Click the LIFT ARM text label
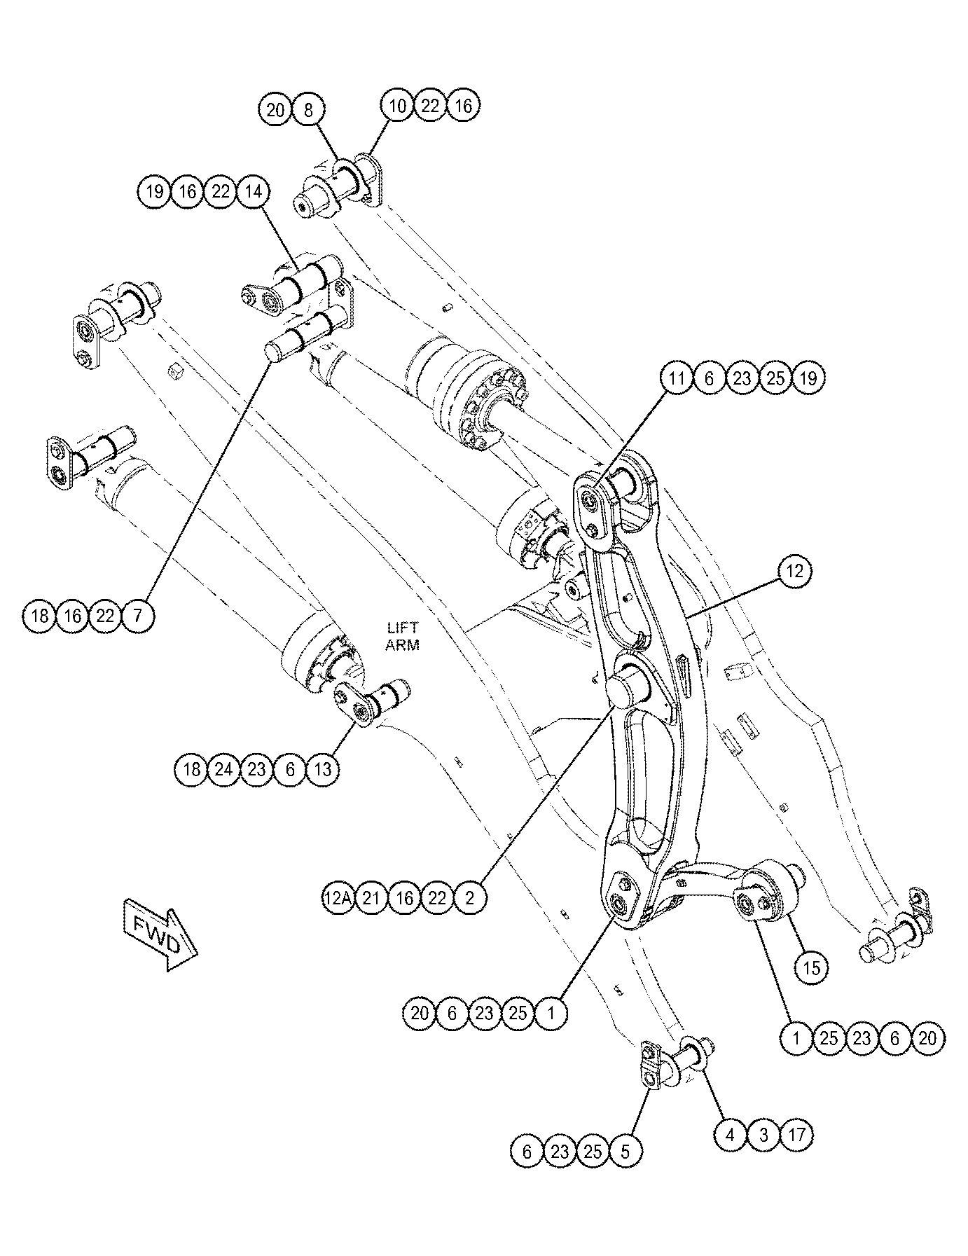(x=402, y=637)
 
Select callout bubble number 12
(x=794, y=571)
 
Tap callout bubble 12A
(x=338, y=898)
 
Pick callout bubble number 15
(x=810, y=968)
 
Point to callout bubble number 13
(x=323, y=770)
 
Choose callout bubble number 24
(x=223, y=770)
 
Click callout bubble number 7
(x=138, y=616)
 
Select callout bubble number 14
(x=254, y=191)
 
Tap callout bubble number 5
(x=625, y=1152)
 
